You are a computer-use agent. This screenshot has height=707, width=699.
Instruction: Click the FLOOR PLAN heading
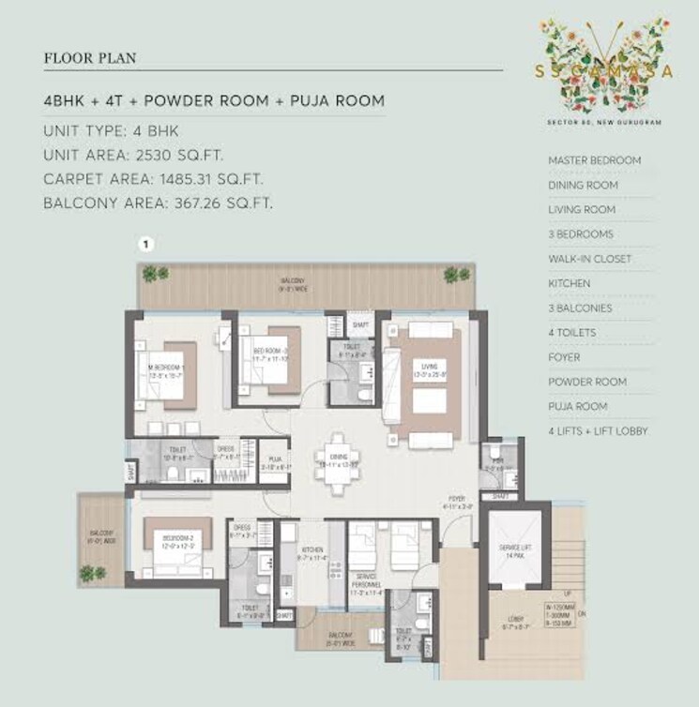[x=90, y=58]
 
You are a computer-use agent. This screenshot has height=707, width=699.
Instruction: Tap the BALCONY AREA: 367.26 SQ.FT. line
[x=159, y=203]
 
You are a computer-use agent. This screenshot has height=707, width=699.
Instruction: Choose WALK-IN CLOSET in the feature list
[x=589, y=259]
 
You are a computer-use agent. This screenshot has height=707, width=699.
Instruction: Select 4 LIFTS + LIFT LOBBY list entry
[x=598, y=431]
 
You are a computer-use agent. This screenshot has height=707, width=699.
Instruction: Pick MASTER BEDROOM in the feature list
[x=595, y=160]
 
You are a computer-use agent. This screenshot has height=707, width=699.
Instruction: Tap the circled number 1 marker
[x=145, y=244]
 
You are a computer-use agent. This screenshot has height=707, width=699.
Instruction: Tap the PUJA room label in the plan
[x=274, y=460]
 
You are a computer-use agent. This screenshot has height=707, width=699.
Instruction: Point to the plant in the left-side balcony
[x=89, y=571]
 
